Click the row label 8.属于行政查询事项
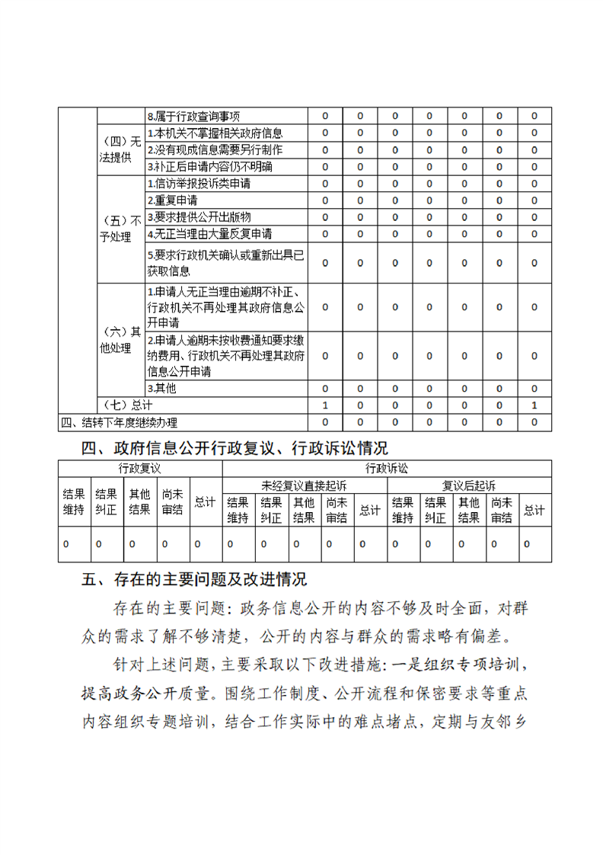point(193,117)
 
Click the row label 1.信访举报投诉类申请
point(199,184)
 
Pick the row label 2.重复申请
point(172,200)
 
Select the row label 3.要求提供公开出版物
point(199,217)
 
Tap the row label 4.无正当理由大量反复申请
point(209,234)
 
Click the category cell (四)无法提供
point(120,150)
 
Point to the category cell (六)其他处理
point(120,340)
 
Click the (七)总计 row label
point(126,405)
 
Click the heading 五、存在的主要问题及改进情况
point(194,580)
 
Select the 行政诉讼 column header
point(387,468)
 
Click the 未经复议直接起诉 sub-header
point(304,485)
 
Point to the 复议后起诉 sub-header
point(469,485)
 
